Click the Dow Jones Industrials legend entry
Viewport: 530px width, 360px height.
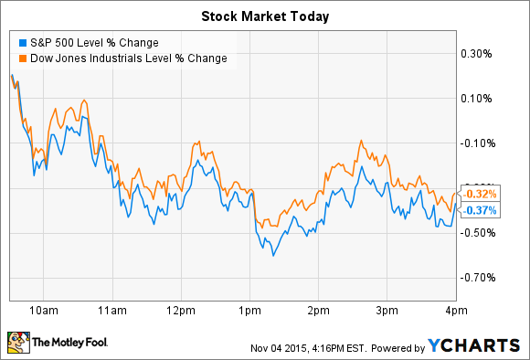(127, 59)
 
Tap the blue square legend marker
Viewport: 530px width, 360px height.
(21, 42)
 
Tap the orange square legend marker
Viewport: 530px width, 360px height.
(21, 59)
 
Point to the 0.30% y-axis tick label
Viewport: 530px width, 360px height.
(479, 53)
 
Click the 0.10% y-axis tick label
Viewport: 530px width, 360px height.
(479, 98)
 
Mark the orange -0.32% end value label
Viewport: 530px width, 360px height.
(480, 194)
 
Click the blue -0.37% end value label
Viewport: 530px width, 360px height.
(480, 210)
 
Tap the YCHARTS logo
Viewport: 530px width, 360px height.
(476, 344)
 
